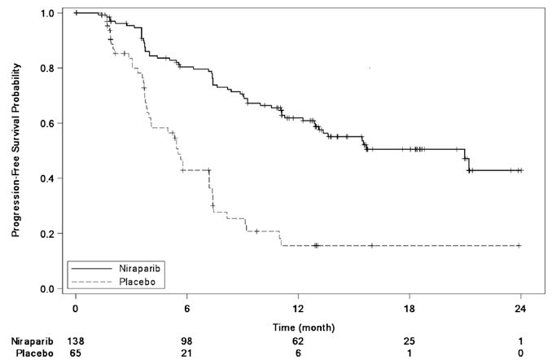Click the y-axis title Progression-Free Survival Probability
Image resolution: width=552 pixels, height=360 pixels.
click(x=15, y=151)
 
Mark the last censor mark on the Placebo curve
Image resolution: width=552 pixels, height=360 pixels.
click(x=519, y=245)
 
